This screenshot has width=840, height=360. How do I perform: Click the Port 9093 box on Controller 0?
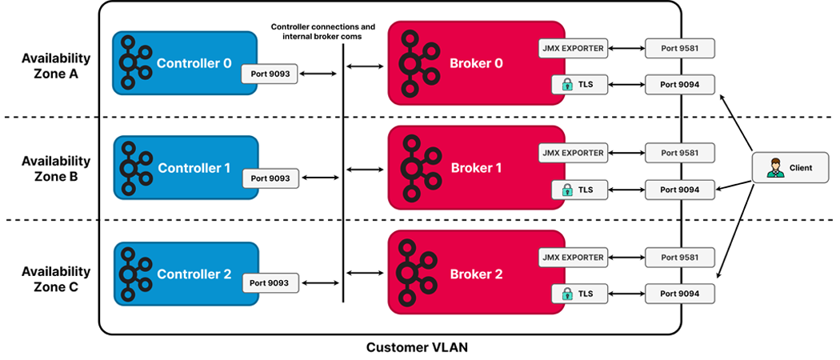[270, 74]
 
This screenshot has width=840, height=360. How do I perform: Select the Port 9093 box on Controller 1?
[270, 178]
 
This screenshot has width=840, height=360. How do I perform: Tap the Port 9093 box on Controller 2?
[270, 282]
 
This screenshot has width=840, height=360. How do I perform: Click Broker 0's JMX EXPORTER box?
[573, 48]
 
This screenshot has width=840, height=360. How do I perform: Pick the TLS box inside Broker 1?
[579, 190]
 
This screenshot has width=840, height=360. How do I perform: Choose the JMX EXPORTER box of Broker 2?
[573, 257]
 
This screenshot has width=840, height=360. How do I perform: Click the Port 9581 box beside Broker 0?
[679, 48]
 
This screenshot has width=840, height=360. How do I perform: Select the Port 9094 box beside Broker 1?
[679, 190]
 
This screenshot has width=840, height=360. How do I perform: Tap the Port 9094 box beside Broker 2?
[679, 294]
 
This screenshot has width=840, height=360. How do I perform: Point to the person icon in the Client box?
[774, 168]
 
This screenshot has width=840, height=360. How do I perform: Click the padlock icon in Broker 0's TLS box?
[566, 82]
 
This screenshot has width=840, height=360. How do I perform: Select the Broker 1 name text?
[477, 169]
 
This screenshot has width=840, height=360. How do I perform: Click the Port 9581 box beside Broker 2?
[679, 257]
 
